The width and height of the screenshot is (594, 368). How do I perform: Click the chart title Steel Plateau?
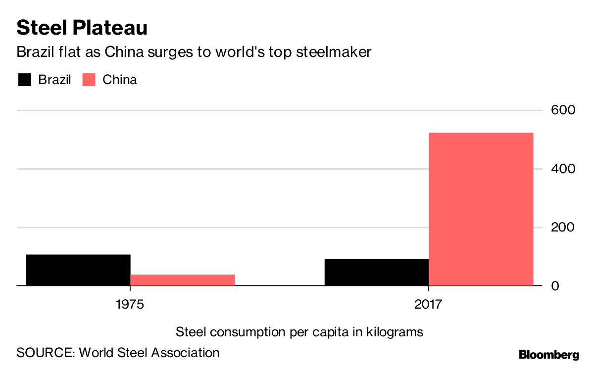82,28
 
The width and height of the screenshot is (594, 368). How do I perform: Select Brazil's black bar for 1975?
78,270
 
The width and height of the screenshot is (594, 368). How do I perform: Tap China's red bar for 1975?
182,280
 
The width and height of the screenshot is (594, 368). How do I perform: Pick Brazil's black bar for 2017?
376,272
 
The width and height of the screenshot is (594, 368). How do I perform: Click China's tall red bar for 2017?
481,209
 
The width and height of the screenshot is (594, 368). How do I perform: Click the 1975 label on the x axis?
130,304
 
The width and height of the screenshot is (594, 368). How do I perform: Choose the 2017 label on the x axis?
428,304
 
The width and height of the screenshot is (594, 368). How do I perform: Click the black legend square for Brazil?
24,80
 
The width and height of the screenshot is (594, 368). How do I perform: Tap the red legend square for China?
89,80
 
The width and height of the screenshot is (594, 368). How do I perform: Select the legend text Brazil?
54,80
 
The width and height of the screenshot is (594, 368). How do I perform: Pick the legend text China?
119,80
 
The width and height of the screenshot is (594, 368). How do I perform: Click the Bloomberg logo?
548,354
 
